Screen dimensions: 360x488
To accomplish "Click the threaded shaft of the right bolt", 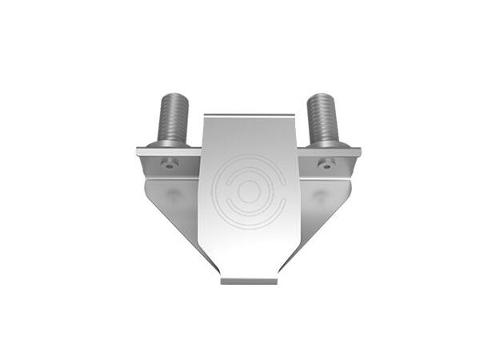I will tap(322, 118).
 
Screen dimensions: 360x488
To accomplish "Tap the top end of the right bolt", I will tap(322, 96).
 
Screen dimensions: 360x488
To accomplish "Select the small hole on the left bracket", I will tap(169, 165).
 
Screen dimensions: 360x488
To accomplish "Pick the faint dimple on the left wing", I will tap(174, 195).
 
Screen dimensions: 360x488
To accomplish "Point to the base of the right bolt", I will tap(322, 144).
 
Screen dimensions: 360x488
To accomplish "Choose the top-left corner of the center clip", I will tap(206, 117).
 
